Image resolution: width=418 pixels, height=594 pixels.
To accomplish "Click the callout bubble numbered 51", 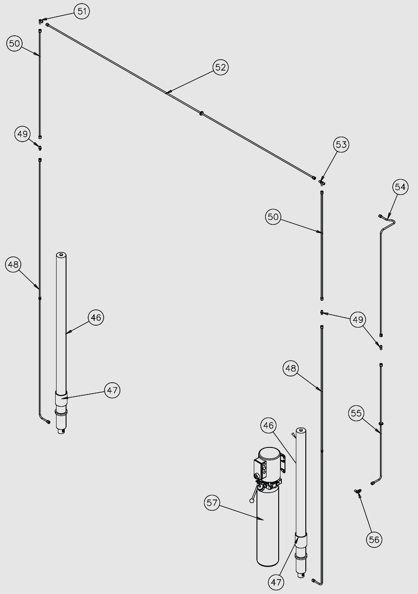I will pos(81,11).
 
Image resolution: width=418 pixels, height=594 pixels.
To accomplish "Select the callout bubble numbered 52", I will pos(220,67).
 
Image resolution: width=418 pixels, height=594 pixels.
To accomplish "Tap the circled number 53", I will pos(341,145).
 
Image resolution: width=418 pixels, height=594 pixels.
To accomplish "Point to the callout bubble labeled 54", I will pos(400,187).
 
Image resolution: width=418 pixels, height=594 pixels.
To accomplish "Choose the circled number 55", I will pos(356,413).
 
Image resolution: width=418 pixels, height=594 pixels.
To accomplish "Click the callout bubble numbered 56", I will pos(374,539).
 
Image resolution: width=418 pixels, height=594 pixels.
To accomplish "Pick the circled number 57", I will pos(212,503).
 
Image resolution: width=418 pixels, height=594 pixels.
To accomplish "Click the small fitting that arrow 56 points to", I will pos(358,491).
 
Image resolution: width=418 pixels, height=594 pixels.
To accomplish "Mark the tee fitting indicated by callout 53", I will pos(322,182).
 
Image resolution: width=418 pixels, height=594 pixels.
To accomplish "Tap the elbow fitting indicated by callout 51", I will pos(41,21).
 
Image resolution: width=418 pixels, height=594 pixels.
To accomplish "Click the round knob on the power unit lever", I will pos(252,500).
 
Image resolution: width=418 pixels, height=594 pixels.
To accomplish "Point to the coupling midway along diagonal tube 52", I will pos(201,113).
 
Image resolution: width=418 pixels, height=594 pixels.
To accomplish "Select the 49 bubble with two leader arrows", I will pos(358,320).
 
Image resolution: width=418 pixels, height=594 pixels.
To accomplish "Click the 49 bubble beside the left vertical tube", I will pos(23,134).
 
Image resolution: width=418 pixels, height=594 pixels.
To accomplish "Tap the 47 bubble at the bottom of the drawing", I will pos(276,583).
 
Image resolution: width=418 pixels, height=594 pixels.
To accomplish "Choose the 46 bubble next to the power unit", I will pos(269,426).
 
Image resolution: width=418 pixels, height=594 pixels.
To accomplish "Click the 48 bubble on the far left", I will pos(14,265).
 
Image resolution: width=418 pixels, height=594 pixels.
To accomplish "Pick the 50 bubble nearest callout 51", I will pos(15,44).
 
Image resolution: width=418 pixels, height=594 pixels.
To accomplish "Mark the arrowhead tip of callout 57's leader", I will pos(264,521).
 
